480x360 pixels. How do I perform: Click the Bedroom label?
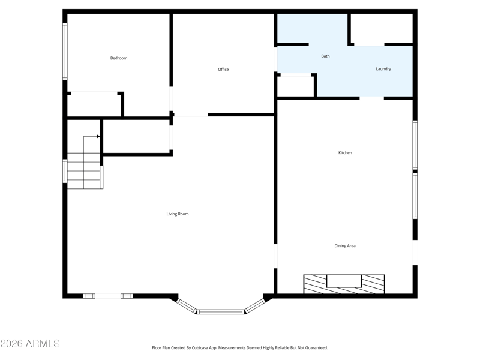pos(119,58)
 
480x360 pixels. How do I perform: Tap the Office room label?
pos(223,70)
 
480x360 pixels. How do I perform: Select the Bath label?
pos(325,56)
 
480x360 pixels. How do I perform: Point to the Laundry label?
pos(383,69)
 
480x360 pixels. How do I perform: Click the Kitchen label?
pos(345,153)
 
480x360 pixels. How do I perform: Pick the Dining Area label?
pos(345,246)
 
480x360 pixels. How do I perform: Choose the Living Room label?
pos(178,214)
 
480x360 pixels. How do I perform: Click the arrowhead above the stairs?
pos(98,136)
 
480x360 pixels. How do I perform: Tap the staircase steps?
pos(85,171)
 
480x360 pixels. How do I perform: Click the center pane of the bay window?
pos(221,312)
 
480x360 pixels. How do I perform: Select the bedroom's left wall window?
pos(65,52)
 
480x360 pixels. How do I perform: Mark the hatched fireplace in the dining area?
pos(344,284)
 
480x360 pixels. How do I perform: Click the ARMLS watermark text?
pos(30,343)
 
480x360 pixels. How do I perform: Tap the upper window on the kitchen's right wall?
pos(415,145)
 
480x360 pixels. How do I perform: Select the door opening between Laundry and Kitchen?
pos(371,98)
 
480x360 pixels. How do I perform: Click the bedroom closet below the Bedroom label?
pos(94,104)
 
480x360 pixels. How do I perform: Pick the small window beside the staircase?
pos(65,171)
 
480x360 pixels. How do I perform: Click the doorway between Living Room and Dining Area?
pos(275,256)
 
